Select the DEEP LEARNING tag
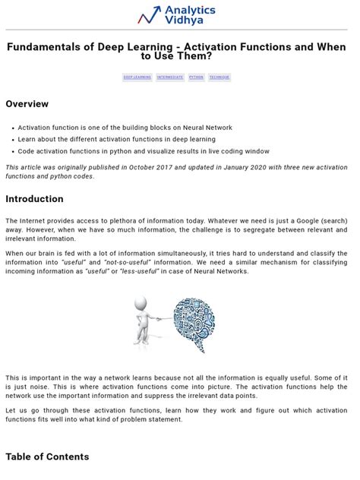(137, 77)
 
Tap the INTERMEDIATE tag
(169, 77)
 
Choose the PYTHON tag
(197, 77)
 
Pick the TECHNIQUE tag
(219, 77)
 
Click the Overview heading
(27, 104)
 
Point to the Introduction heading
(34, 199)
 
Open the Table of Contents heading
(47, 456)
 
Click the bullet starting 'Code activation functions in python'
(144, 151)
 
